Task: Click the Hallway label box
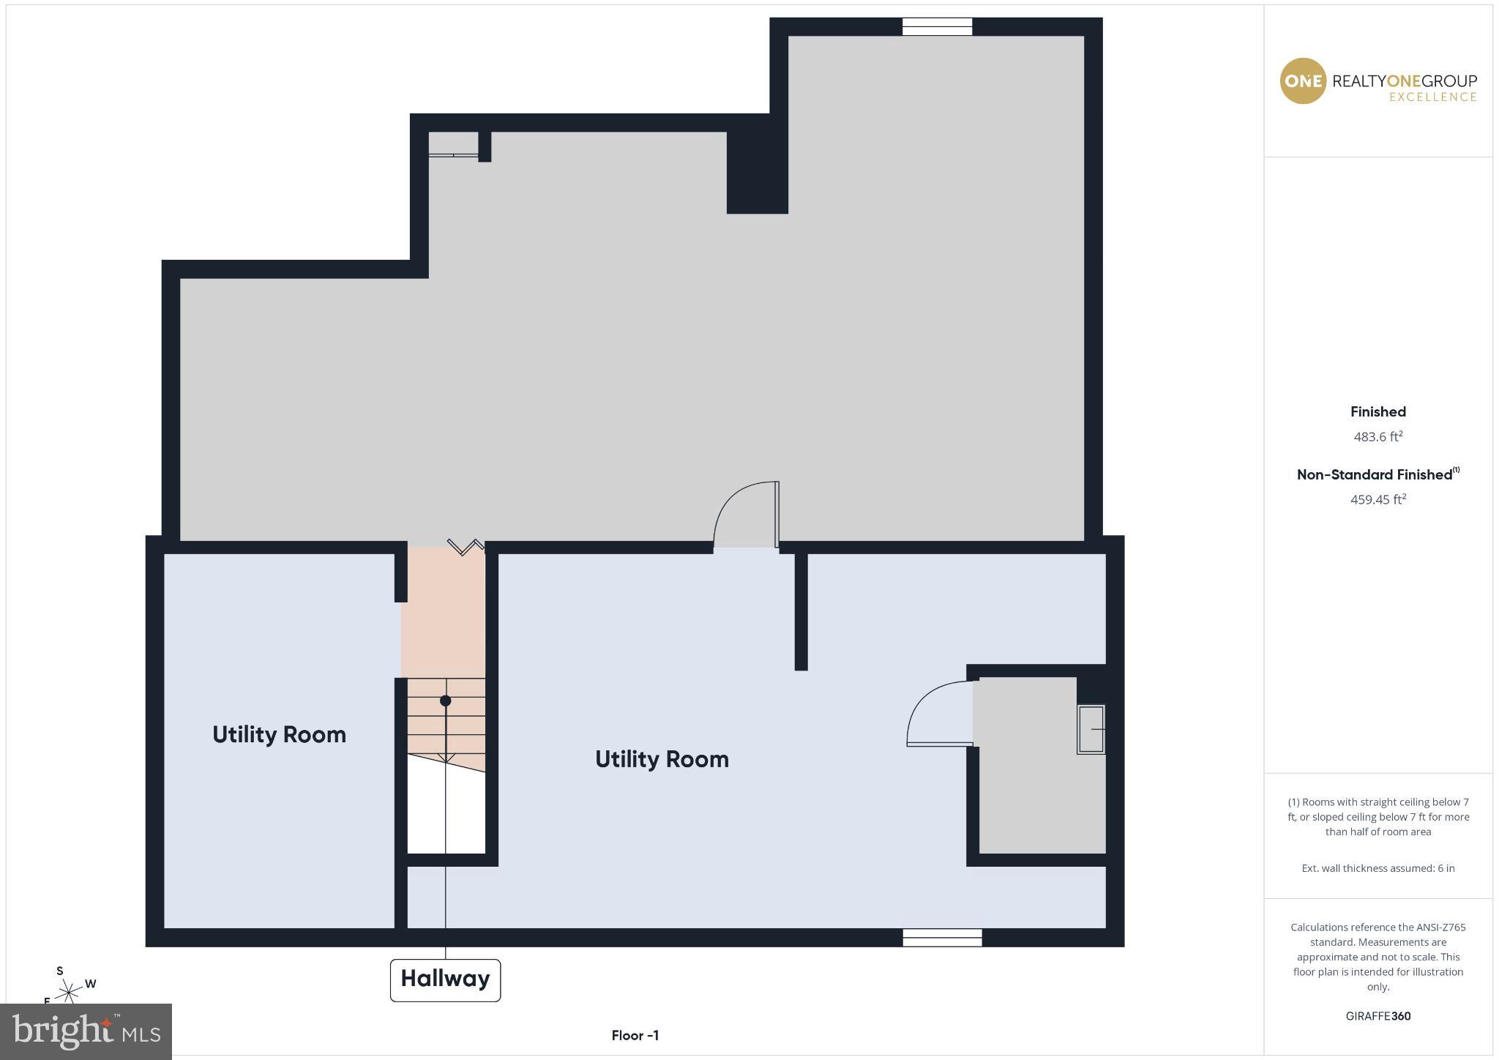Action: click(445, 979)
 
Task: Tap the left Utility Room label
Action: click(279, 734)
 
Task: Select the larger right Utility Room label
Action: click(662, 759)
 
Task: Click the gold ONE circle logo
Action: click(1302, 81)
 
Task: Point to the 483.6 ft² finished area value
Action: click(1377, 437)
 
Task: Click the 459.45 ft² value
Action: click(1377, 500)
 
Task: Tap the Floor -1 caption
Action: click(635, 1035)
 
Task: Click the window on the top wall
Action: click(937, 27)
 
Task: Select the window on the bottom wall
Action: click(942, 938)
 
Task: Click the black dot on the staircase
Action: click(445, 701)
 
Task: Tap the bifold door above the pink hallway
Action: click(466, 546)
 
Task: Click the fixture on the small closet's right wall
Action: click(1091, 729)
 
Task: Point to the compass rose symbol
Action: click(70, 992)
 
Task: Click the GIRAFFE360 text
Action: click(1377, 1016)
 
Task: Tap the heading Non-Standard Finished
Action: click(1374, 475)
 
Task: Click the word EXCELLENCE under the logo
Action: click(1432, 97)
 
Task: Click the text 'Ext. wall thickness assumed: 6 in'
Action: click(1377, 868)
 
